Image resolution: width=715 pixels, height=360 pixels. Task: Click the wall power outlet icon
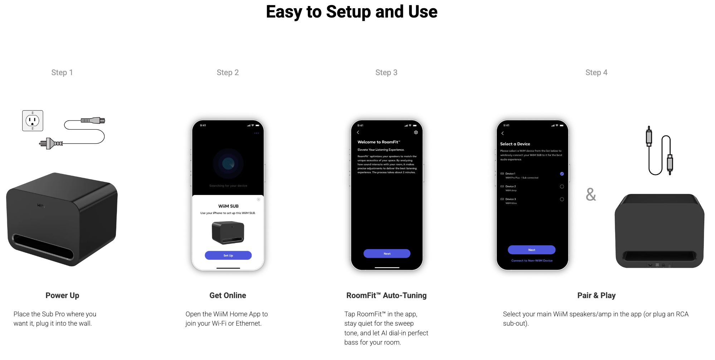[33, 121]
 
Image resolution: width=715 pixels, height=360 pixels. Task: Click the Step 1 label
[62, 73]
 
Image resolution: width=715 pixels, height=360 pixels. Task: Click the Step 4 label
[596, 73]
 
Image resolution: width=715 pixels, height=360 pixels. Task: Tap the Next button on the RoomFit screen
[387, 254]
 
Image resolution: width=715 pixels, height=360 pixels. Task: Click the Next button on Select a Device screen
[531, 250]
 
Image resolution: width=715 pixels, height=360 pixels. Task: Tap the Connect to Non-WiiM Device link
[532, 261]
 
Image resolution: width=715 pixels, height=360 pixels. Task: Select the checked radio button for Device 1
[562, 174]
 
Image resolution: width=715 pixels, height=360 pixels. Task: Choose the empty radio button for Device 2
[562, 186]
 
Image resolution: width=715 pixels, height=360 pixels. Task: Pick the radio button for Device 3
[562, 199]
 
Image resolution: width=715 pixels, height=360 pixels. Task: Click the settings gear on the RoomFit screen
[416, 132]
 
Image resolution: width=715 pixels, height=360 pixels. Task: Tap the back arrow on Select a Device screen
[502, 133]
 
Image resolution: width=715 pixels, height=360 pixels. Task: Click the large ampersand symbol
[591, 195]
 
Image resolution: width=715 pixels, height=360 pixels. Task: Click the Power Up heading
[62, 296]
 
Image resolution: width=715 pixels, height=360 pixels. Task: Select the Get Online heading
[228, 296]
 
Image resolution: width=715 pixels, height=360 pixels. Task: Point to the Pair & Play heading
[596, 296]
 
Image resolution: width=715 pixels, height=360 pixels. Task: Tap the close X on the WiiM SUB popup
[258, 199]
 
